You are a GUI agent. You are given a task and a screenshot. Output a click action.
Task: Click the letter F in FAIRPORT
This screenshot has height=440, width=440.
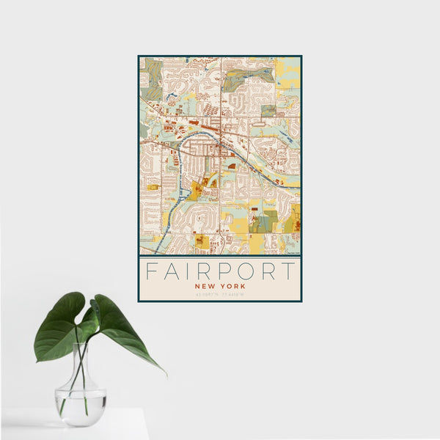coord(150,271)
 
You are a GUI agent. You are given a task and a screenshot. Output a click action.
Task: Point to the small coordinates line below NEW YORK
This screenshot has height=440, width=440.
coord(219,295)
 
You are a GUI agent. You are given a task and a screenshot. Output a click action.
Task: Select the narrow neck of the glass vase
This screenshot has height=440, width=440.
coord(81,367)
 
